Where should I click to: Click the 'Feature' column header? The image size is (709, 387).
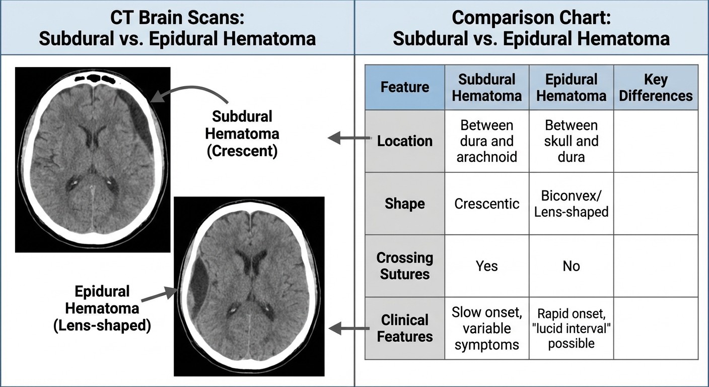(x=404, y=87)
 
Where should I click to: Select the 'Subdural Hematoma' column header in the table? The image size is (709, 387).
(x=486, y=87)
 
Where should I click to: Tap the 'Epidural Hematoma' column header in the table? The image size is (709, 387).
(x=571, y=87)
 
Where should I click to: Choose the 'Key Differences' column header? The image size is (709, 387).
(x=656, y=87)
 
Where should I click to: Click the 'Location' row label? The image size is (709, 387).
(x=404, y=141)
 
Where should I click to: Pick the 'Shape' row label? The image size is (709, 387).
(x=404, y=204)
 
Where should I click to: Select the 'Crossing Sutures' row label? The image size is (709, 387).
(x=404, y=266)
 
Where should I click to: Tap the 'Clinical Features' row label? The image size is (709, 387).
(x=404, y=328)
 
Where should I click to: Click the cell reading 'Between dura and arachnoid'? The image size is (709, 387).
(x=486, y=141)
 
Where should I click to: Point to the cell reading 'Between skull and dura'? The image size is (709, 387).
(x=571, y=141)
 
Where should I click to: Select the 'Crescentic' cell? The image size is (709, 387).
(x=486, y=204)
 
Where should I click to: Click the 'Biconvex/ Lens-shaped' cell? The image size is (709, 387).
(x=571, y=204)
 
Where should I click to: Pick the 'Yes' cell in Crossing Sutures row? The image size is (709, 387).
(x=486, y=266)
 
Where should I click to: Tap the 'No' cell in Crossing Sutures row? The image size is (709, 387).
(x=571, y=266)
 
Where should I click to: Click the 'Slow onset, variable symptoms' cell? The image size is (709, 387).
(x=486, y=328)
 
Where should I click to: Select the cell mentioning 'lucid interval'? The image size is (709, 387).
(x=571, y=328)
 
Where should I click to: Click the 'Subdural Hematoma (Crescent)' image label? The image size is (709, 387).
(x=242, y=134)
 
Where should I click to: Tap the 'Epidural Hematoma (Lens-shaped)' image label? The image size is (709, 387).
(x=102, y=308)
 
